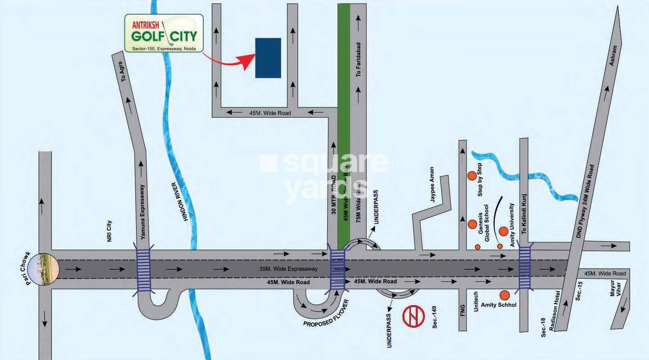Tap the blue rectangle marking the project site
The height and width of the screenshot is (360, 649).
(x=268, y=58)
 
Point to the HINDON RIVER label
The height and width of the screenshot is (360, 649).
(x=180, y=202)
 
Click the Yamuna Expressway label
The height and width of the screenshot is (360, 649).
(x=142, y=212)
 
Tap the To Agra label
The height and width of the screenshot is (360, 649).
(x=122, y=71)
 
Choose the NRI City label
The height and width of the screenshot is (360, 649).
(x=109, y=231)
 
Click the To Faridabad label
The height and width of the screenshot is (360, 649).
(x=358, y=60)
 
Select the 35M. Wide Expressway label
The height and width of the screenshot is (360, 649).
(x=288, y=269)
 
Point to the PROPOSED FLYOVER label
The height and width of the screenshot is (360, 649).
(x=326, y=313)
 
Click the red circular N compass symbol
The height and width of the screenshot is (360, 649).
(x=414, y=315)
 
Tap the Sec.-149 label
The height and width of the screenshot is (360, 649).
(x=434, y=317)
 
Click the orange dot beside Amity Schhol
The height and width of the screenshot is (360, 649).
(x=504, y=295)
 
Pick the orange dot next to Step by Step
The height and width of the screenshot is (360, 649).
(x=472, y=176)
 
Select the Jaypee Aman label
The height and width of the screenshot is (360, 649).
(x=432, y=184)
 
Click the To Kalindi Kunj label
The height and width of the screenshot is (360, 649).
(x=524, y=214)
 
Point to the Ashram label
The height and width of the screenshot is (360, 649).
(x=613, y=55)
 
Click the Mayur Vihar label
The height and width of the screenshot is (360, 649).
(x=615, y=288)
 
